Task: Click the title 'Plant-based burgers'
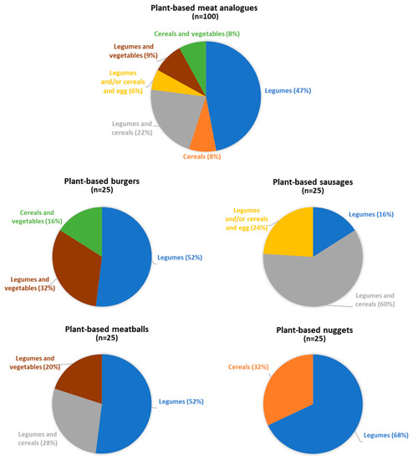[101, 180]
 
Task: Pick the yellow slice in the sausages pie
[287, 230]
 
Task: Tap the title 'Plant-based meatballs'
[102, 327]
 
